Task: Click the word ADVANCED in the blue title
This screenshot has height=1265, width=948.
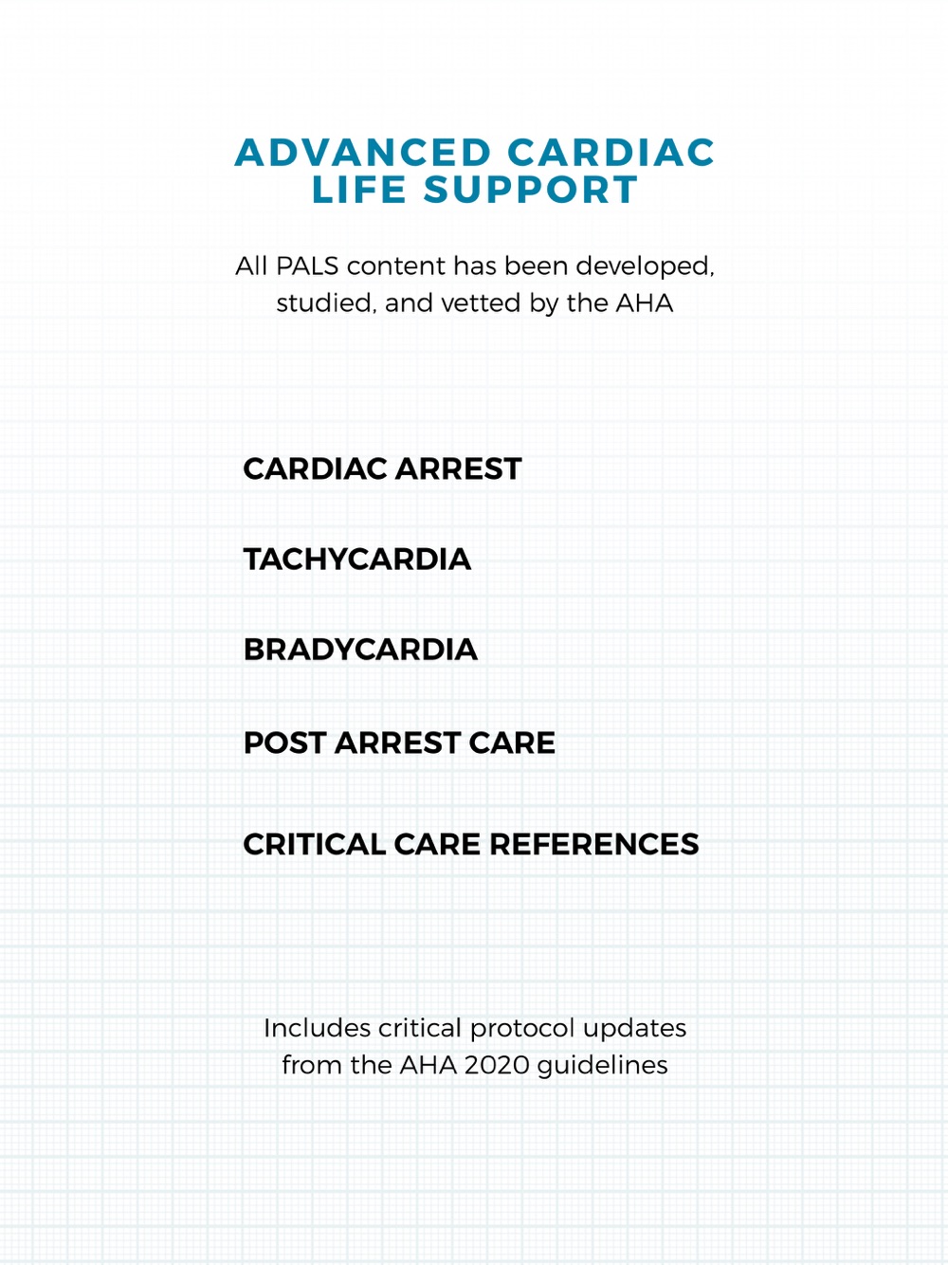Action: (x=363, y=153)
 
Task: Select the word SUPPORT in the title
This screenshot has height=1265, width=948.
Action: (x=531, y=190)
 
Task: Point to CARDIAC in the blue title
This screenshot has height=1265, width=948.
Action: (x=611, y=153)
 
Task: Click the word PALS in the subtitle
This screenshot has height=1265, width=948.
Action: (x=307, y=266)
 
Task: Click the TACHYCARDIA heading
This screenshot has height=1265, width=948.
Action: (x=357, y=559)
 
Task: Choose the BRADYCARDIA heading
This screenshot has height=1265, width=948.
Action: (x=360, y=650)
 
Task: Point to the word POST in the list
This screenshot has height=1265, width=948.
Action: (x=284, y=742)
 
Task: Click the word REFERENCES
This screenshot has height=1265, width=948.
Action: (x=594, y=844)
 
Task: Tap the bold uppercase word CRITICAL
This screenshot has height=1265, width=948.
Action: (x=314, y=844)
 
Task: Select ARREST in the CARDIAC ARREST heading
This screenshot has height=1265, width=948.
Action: (x=458, y=468)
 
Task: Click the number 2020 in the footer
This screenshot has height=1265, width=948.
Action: (x=498, y=1066)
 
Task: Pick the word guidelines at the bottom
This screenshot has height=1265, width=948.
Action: (x=603, y=1066)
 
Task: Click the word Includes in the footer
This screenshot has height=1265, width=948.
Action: (x=317, y=1029)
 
